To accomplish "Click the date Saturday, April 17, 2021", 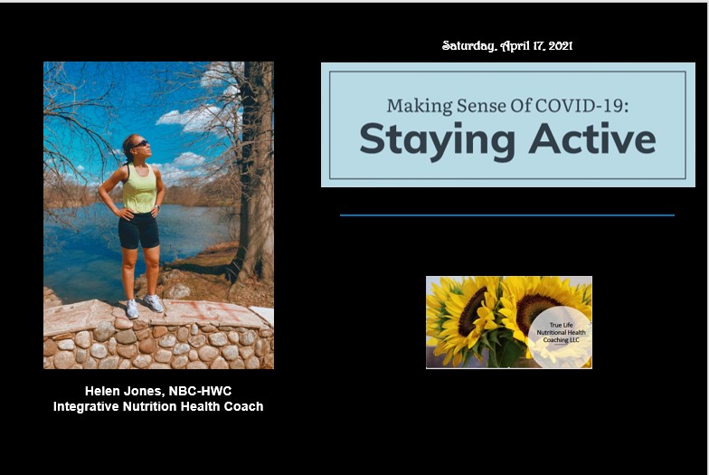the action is pyautogui.click(x=507, y=45).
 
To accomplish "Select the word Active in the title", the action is pyautogui.click(x=592, y=138).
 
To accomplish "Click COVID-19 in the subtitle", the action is pyautogui.click(x=582, y=105).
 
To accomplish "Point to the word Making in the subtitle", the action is pyautogui.click(x=420, y=107).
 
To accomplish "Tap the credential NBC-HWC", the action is pyautogui.click(x=200, y=391).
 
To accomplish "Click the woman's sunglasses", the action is pyautogui.click(x=140, y=144).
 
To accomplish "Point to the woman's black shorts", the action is pyautogui.click(x=138, y=230).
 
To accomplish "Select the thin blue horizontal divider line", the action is pyautogui.click(x=506, y=215).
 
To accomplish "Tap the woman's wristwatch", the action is pyautogui.click(x=157, y=208).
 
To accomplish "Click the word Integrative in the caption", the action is pyautogui.click(x=86, y=407).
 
